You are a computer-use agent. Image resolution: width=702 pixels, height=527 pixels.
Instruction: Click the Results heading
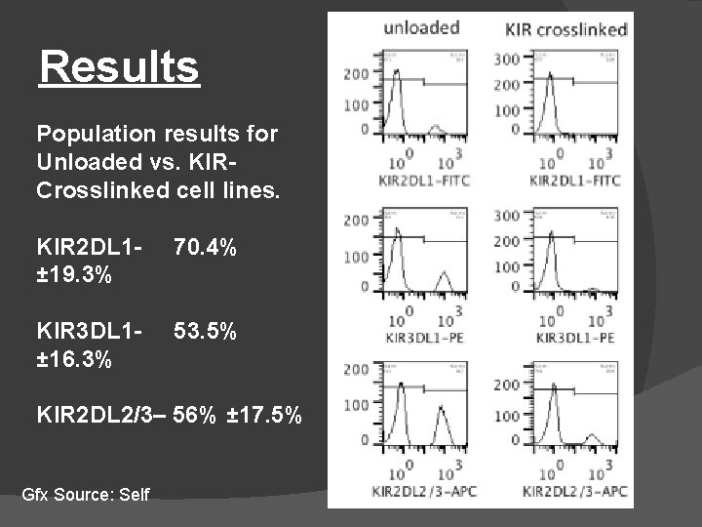coord(119,68)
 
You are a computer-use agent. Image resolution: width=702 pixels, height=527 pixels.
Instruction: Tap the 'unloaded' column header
coord(420,26)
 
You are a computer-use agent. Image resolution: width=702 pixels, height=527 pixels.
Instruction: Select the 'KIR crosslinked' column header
coord(565,28)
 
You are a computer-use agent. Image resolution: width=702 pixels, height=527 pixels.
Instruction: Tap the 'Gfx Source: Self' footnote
coord(86,494)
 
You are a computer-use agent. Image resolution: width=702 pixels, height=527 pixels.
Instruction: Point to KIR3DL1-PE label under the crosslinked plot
coord(568,339)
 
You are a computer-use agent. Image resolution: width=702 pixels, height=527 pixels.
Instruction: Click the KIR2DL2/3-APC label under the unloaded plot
coord(417,492)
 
